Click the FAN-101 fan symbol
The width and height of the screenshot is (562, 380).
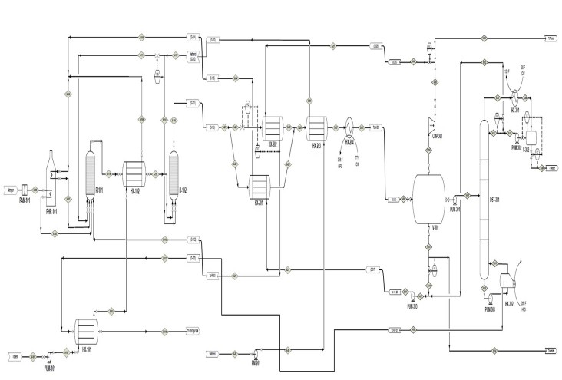(25, 190)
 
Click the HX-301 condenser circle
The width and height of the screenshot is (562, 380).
(514, 97)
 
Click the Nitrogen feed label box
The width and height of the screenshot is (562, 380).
(11, 190)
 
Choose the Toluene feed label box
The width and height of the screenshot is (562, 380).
(14, 356)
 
